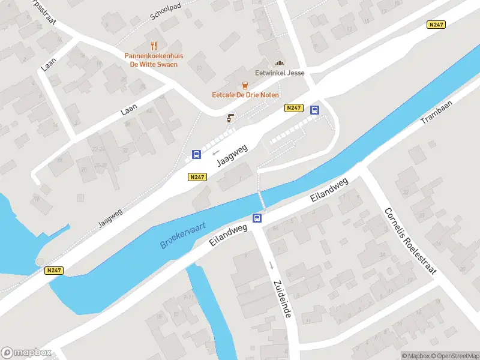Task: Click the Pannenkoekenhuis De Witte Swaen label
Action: (154, 60)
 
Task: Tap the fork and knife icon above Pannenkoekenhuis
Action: (154, 46)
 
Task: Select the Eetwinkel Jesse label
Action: (280, 73)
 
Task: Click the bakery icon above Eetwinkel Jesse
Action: (279, 63)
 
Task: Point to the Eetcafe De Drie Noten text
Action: (244, 95)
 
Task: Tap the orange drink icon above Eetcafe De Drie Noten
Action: (244, 85)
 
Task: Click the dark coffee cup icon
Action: (229, 118)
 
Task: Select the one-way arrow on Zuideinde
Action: (271, 265)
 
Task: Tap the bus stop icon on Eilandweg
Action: (257, 218)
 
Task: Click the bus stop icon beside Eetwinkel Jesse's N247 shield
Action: (314, 110)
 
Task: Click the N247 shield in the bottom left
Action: (54, 271)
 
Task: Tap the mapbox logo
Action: (26, 353)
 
